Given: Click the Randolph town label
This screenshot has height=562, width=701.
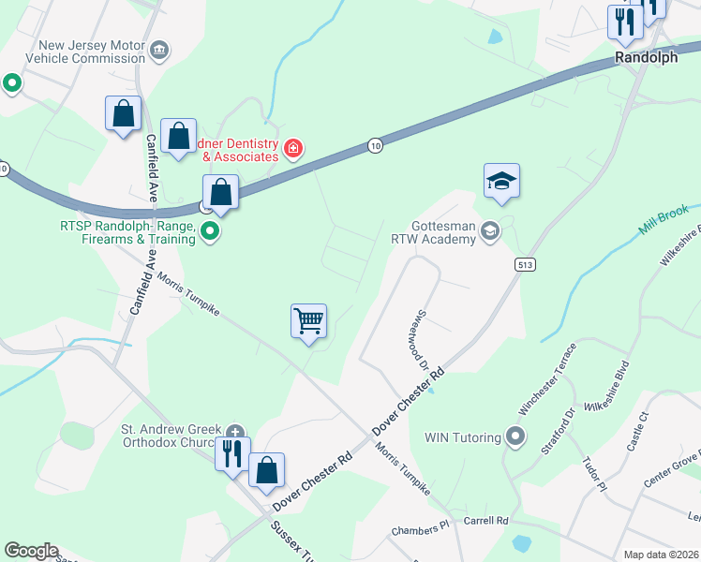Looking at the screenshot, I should pyautogui.click(x=646, y=57).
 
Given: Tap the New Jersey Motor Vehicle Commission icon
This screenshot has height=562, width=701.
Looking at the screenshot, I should pyautogui.click(x=159, y=49).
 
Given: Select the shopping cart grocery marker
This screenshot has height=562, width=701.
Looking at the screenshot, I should pyautogui.click(x=308, y=321).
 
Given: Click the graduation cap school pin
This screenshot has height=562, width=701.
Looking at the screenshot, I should pyautogui.click(x=501, y=181).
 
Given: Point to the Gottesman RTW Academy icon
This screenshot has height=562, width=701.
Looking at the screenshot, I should pyautogui.click(x=489, y=230).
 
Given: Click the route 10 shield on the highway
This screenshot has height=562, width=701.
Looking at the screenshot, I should pyautogui.click(x=375, y=145).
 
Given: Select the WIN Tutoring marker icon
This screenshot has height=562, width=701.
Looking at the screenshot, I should pyautogui.click(x=514, y=436).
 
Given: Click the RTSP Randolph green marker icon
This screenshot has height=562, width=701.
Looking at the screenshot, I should pyautogui.click(x=212, y=232).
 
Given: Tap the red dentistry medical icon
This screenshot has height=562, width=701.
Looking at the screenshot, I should pyautogui.click(x=293, y=148).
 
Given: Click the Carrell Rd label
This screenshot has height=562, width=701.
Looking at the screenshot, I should pyautogui.click(x=485, y=520).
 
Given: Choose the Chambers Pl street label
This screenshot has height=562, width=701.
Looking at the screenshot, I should pyautogui.click(x=421, y=528).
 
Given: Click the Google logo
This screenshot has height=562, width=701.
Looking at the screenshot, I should pyautogui.click(x=31, y=551).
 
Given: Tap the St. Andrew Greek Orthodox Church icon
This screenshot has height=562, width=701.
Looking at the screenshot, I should pyautogui.click(x=235, y=432).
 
